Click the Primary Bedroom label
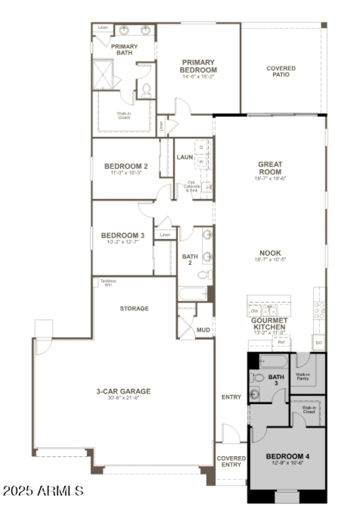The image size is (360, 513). pyautogui.click(x=198, y=66)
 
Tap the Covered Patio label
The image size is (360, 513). pyautogui.click(x=281, y=71)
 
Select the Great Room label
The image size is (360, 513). pyautogui.click(x=270, y=168)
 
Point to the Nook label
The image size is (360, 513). pyautogui.click(x=270, y=253)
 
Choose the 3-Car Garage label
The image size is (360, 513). pyautogui.click(x=123, y=391)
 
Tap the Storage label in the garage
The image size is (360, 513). pyautogui.click(x=134, y=309)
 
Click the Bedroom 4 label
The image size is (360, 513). pyautogui.click(x=287, y=456)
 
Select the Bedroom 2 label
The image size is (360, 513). pyautogui.click(x=120, y=166)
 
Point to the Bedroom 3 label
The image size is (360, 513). pyautogui.click(x=117, y=235)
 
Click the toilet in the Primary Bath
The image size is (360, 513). pyautogui.click(x=146, y=90)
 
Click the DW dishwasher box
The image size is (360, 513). pyautogui.click(x=254, y=311)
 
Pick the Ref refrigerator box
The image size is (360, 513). pyautogui.click(x=281, y=342)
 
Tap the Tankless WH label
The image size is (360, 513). pyautogui.click(x=108, y=282)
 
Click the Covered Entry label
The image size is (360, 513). pyautogui.click(x=231, y=462)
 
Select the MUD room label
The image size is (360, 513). pyautogui.click(x=203, y=330)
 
